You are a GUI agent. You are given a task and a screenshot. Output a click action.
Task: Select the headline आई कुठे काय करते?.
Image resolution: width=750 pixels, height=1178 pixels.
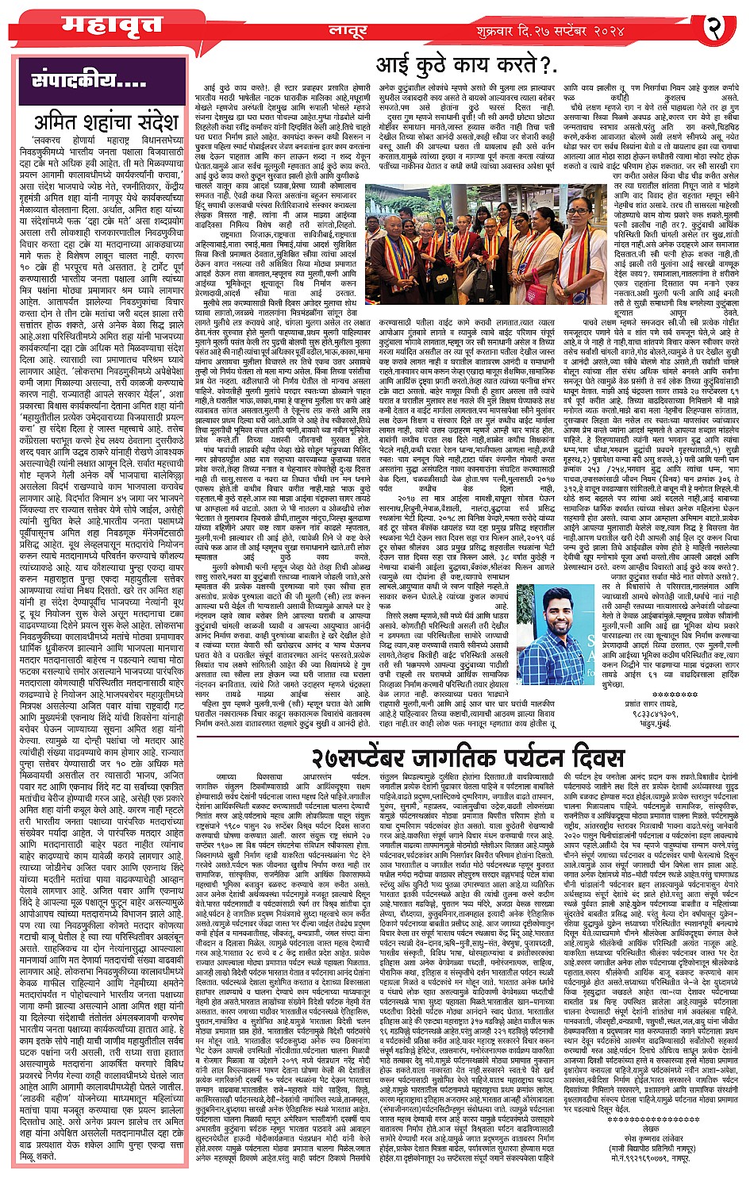click(x=466, y=67)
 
